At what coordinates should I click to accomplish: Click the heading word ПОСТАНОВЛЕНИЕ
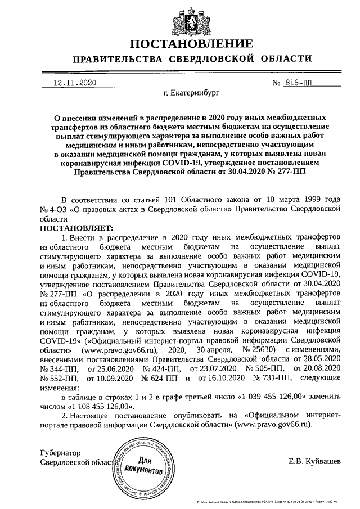click(191, 44)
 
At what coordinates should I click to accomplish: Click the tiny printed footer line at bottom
click(274, 501)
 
